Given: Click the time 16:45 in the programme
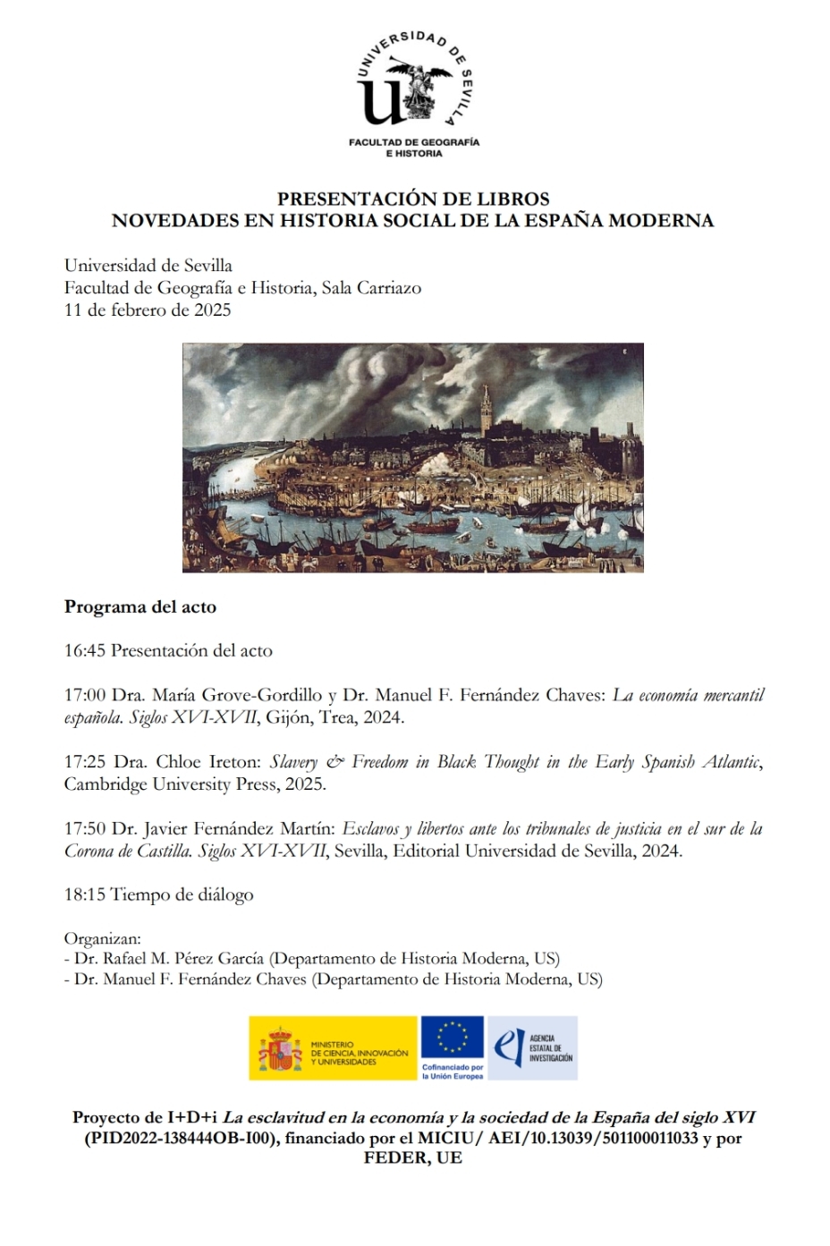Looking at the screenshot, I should pyautogui.click(x=85, y=651).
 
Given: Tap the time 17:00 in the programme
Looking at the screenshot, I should pyautogui.click(x=85, y=696).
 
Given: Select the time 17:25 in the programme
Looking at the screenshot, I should pyautogui.click(x=85, y=762).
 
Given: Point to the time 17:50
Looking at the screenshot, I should pyautogui.click(x=85, y=829).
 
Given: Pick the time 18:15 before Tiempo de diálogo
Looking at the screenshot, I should pyautogui.click(x=85, y=895).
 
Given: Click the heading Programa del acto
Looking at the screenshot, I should pyautogui.click(x=140, y=607).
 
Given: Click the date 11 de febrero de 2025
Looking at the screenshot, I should pyautogui.click(x=148, y=310).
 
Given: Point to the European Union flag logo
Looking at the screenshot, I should pyautogui.click(x=452, y=1038).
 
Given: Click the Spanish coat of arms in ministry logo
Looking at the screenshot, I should pyautogui.click(x=280, y=1049).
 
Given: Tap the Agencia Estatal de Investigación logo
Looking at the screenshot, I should pyautogui.click(x=533, y=1047).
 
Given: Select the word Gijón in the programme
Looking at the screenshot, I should pyautogui.click(x=288, y=717).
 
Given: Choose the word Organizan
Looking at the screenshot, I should pyautogui.click(x=102, y=938).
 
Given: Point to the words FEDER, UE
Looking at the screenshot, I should pyautogui.click(x=413, y=1158).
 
